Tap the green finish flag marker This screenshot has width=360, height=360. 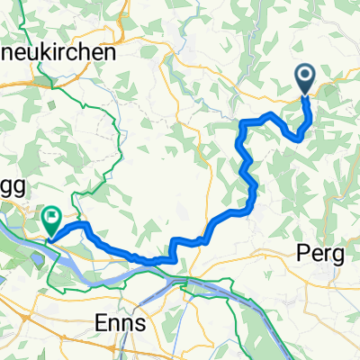(x=51, y=218)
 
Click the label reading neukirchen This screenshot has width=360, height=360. (x=59, y=53)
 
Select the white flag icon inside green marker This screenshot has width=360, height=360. (x=51, y=214)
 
